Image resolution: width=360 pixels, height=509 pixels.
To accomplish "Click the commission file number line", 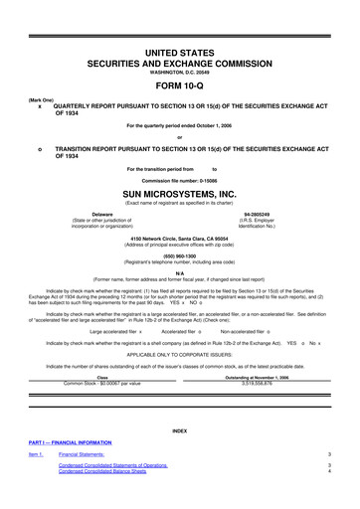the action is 180,176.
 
